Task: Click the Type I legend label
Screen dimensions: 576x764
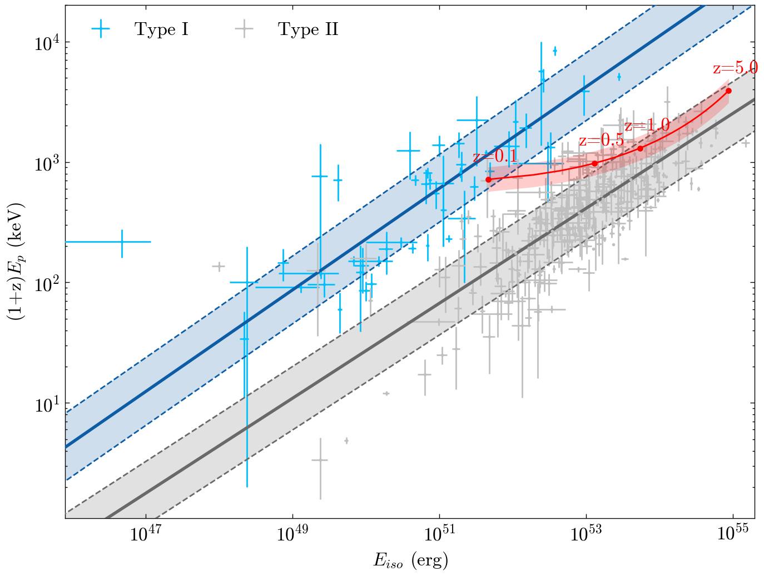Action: [161, 29]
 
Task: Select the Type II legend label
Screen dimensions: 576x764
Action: [308, 29]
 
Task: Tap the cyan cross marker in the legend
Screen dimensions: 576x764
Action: [101, 29]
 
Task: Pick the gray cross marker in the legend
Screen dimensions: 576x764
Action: [244, 29]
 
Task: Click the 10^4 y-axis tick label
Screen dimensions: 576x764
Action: [46, 43]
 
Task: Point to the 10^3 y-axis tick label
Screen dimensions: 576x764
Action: [46, 163]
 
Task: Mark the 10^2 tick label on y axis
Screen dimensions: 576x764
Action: [46, 283]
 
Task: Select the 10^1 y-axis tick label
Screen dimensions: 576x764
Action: [46, 404]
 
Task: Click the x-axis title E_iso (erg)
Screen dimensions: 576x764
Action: [410, 560]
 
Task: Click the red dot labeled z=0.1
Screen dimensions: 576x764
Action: [488, 179]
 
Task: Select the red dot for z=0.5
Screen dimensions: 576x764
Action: [594, 163]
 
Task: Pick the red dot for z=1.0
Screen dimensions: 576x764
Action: [640, 148]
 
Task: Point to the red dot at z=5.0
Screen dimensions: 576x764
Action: [728, 91]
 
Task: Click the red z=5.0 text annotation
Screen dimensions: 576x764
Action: [735, 68]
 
